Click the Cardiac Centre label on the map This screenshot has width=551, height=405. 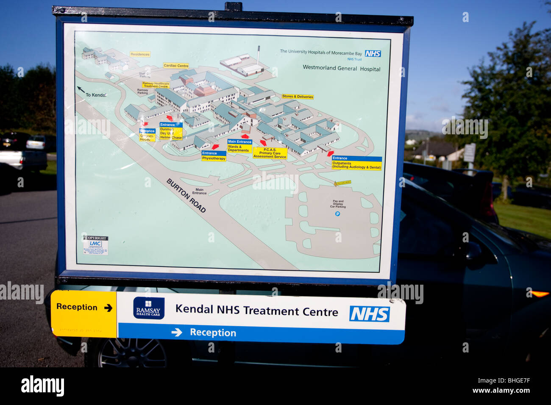point(176,66)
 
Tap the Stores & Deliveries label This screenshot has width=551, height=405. point(298,97)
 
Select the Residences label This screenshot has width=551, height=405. point(140,54)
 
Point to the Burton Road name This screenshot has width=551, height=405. point(186,195)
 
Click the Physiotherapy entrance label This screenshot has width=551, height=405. point(214,156)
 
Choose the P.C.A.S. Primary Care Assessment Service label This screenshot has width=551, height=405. point(270,153)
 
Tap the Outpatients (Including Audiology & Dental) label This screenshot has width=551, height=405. point(356,163)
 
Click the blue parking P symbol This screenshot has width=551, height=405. point(337,214)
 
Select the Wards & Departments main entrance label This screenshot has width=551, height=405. point(239,146)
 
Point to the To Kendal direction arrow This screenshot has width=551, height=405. point(81,89)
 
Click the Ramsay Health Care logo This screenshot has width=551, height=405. point(149,308)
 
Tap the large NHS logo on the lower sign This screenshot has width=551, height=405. point(369,314)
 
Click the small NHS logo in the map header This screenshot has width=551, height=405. point(373,54)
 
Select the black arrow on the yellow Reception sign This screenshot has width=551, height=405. point(108,308)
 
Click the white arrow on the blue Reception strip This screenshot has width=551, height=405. point(177,333)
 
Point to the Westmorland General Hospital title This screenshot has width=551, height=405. point(341,68)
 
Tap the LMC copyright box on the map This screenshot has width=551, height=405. point(95,245)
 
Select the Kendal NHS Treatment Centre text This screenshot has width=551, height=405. point(256,311)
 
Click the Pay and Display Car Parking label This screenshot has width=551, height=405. point(338,204)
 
